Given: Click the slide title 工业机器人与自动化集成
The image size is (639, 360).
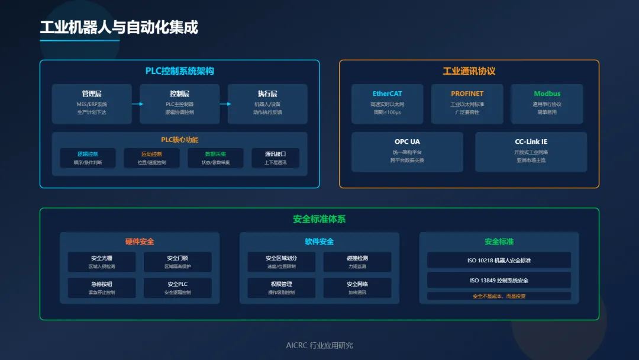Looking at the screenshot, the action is (x=119, y=27).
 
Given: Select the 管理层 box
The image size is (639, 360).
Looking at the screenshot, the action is (x=92, y=103).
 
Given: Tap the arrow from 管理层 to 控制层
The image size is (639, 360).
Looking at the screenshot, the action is (x=137, y=104).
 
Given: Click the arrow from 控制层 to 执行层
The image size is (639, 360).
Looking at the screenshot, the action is (x=225, y=104).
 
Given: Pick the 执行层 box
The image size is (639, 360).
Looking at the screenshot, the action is (x=267, y=103).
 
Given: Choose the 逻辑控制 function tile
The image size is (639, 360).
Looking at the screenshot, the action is (x=88, y=157).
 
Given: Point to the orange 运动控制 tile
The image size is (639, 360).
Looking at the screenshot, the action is (x=151, y=157).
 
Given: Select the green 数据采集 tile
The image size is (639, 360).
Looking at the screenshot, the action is (x=216, y=157).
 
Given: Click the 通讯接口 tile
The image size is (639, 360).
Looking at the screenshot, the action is (x=275, y=157).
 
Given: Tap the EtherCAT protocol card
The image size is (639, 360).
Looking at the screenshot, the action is (x=387, y=103).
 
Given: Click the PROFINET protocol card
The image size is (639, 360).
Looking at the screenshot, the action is (x=467, y=103).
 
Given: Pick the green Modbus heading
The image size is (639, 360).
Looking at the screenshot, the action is (x=547, y=94).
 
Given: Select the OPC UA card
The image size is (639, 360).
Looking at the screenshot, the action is (x=407, y=151).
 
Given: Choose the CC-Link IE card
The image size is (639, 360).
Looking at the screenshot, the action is (x=531, y=151).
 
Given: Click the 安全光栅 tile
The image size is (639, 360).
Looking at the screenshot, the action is (x=102, y=262).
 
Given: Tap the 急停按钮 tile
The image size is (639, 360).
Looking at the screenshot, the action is (x=102, y=288).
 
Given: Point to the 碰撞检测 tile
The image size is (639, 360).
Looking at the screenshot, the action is (x=357, y=262).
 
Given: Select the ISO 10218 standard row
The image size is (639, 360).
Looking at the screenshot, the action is (x=499, y=260).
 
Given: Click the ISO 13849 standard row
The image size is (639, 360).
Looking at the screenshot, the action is (x=499, y=280).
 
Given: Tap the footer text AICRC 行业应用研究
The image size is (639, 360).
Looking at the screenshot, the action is (x=319, y=345).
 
